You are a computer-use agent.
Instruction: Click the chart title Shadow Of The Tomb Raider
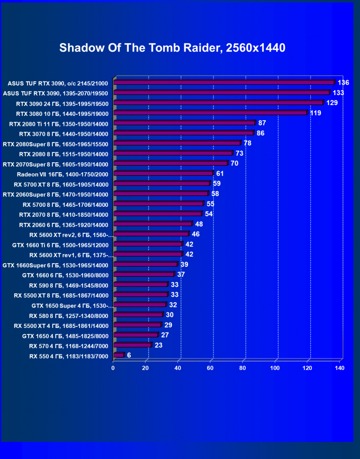(172, 48)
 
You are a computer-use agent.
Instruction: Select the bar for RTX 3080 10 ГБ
(210, 113)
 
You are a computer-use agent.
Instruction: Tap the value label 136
(343, 82)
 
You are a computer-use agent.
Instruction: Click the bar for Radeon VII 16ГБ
(163, 174)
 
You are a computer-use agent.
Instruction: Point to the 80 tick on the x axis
(243, 368)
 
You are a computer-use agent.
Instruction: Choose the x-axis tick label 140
(339, 368)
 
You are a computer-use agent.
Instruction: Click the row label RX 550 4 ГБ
(69, 356)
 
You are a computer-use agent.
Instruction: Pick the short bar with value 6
(118, 355)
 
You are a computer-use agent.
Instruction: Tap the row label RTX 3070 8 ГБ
(62, 134)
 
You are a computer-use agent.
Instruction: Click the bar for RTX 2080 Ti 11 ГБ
(184, 123)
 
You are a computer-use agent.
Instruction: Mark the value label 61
(220, 174)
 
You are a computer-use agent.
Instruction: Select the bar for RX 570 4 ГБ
(132, 345)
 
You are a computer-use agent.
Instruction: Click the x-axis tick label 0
(113, 368)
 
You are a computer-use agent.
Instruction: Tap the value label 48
(199, 224)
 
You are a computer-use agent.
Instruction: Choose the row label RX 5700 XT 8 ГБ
(62, 184)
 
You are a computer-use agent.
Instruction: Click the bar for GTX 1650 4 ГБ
(135, 335)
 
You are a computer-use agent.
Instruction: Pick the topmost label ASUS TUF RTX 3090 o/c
(58, 83)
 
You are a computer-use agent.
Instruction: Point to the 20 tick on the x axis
(145, 368)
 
